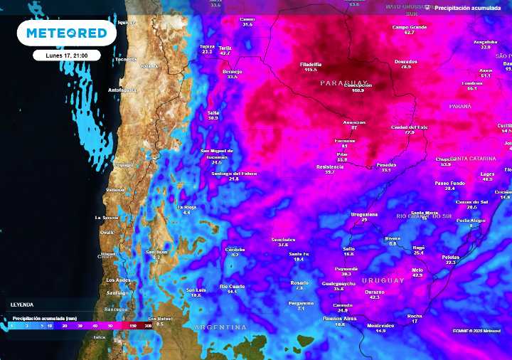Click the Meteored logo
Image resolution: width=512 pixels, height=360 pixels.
click(x=66, y=33)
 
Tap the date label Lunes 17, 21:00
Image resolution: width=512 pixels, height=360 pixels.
click(x=66, y=55)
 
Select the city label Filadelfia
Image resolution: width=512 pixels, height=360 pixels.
click(x=311, y=64)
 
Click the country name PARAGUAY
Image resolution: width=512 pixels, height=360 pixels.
click(x=343, y=83)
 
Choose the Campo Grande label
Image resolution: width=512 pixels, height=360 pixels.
click(x=409, y=27)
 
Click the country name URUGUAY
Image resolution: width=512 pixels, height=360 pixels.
click(x=383, y=280)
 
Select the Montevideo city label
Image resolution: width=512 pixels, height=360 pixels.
click(x=380, y=325)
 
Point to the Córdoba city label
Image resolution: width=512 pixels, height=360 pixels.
click(x=235, y=249)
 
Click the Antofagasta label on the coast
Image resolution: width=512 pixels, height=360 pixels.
click(x=122, y=90)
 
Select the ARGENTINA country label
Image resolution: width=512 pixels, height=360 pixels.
click(x=220, y=327)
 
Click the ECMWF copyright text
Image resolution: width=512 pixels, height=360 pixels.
click(x=481, y=331)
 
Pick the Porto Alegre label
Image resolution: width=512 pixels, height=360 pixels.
click(x=471, y=221)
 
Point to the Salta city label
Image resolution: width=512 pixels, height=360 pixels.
click(x=213, y=112)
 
